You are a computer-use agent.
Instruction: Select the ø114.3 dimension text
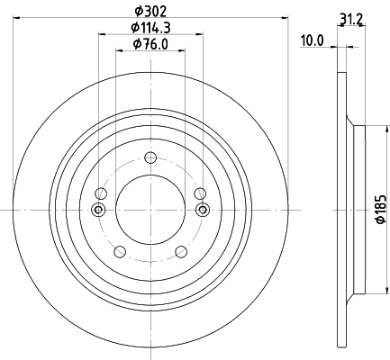(150, 28)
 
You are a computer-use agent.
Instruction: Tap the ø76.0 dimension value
(150, 44)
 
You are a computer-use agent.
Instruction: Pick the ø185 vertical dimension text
(380, 210)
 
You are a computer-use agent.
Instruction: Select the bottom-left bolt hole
(120, 251)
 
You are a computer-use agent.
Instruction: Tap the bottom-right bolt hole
(181, 251)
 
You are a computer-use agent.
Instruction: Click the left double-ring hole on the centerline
(99, 211)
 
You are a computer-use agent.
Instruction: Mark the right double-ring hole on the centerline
(201, 211)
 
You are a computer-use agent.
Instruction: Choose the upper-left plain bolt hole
(101, 193)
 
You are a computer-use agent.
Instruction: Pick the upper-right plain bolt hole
(200, 193)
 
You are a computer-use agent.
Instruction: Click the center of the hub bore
(150, 210)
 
